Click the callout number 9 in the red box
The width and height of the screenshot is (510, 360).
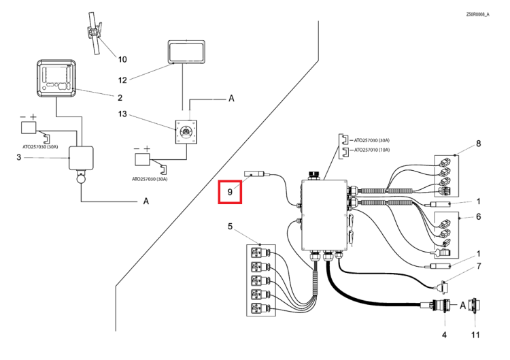tap(230, 192)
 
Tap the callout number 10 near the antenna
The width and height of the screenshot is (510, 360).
tap(122, 59)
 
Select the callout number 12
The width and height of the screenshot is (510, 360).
tap(122, 80)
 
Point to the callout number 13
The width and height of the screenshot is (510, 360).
tap(122, 114)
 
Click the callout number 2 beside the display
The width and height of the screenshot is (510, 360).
tap(120, 97)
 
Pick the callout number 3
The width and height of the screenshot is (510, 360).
tap(18, 157)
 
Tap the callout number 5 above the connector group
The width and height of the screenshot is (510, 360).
tap(231, 226)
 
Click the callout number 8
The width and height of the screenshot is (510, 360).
tap(479, 144)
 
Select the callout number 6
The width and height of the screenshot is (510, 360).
tap(479, 216)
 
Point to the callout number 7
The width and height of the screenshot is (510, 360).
tap(479, 266)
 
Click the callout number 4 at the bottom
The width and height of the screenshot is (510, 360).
tap(444, 335)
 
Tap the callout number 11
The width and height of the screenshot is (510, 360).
tap(475, 335)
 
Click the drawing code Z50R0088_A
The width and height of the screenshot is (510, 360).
tap(478, 14)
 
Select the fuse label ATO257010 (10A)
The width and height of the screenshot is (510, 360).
tap(372, 150)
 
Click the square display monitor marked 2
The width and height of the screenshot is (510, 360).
tap(56, 78)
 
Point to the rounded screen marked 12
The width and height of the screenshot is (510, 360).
tap(186, 52)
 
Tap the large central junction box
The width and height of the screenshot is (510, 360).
tap(324, 215)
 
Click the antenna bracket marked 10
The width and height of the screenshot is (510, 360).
tap(95, 33)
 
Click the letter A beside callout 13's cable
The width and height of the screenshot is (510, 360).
tap(231, 98)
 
